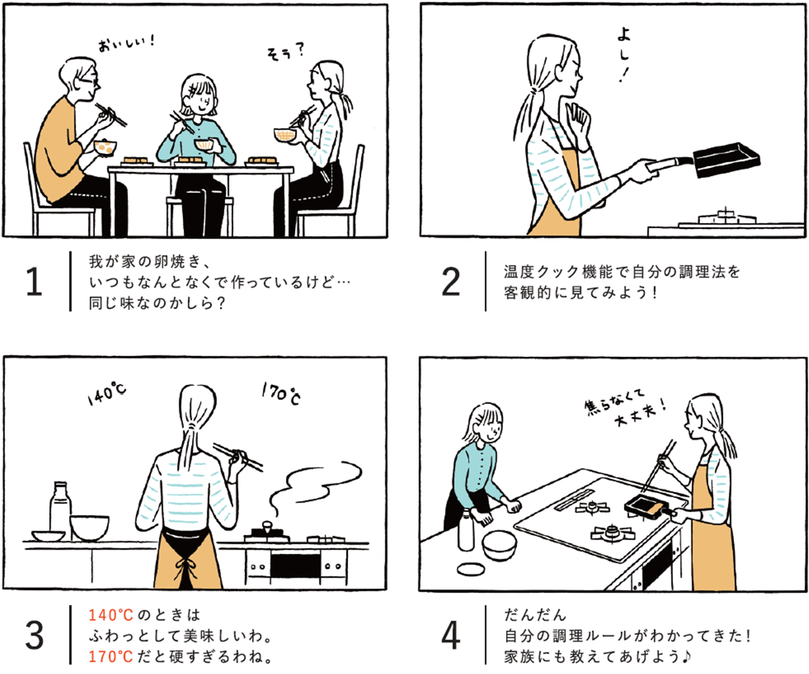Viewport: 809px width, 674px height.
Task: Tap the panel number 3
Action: click(x=34, y=634)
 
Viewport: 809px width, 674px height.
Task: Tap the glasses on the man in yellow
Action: click(x=87, y=79)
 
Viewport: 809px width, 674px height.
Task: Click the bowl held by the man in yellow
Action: click(x=104, y=146)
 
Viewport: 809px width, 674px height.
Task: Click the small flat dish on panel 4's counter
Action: click(x=470, y=569)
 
